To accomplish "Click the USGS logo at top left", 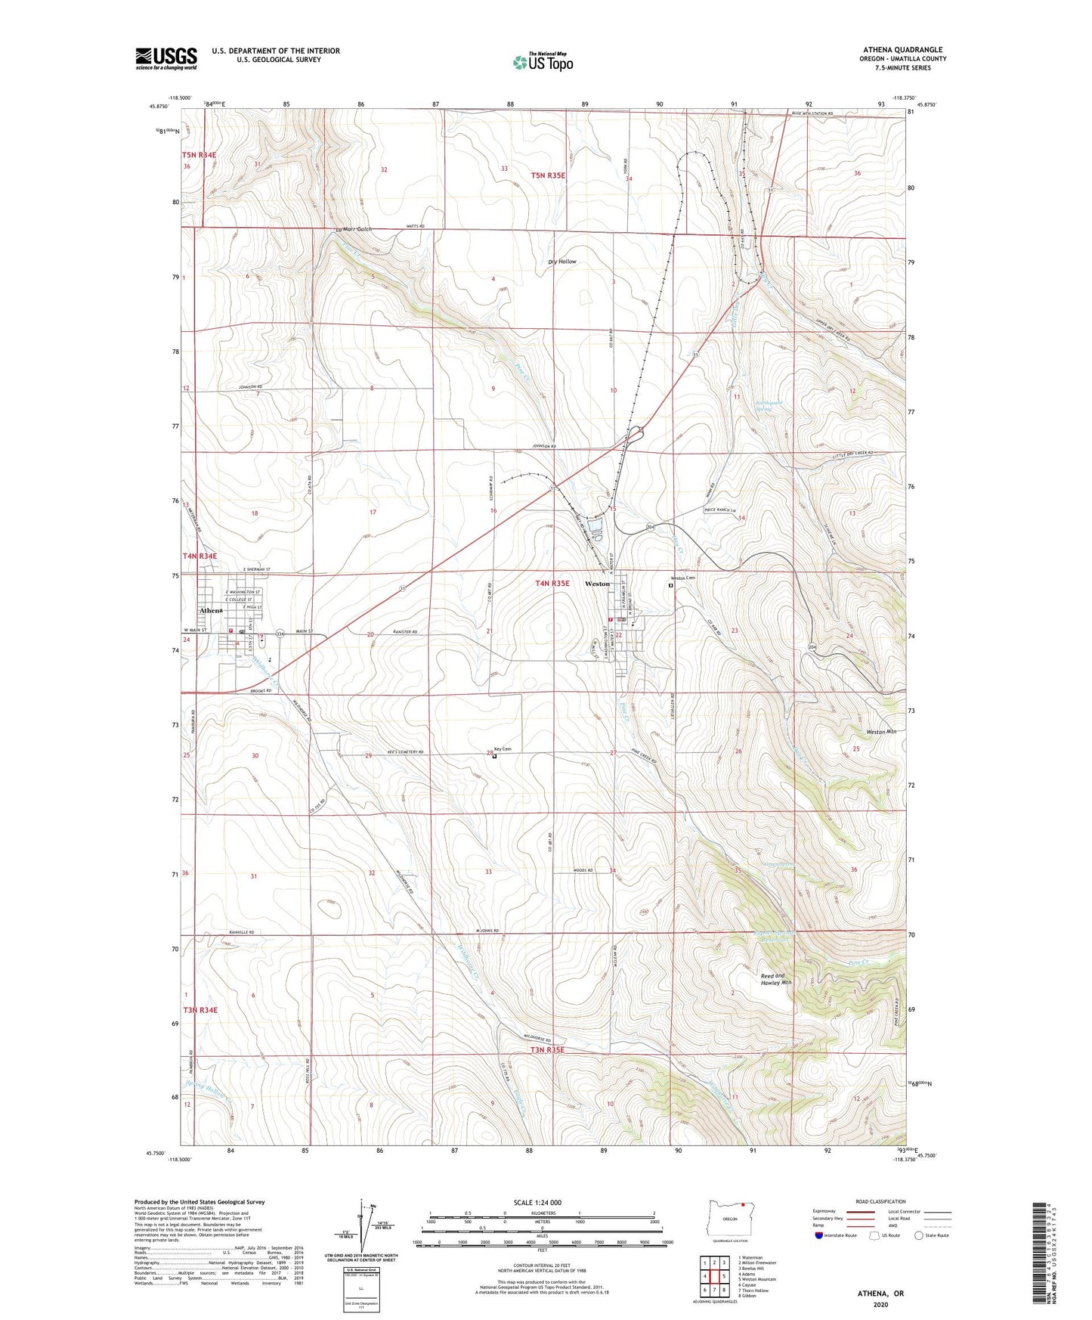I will click(x=166, y=57).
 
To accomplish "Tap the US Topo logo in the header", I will click(x=543, y=62).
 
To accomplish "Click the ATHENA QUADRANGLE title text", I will click(x=903, y=49).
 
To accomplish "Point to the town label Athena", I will click(x=211, y=610).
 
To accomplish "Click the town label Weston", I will click(x=597, y=584).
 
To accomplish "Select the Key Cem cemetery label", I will click(x=503, y=749).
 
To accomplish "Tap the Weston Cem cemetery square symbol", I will click(x=670, y=584).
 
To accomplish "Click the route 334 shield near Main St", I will click(x=280, y=633).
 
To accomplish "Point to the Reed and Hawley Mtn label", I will click(x=775, y=979).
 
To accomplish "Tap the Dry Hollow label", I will click(x=562, y=262).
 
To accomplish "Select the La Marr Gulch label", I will click(x=354, y=229).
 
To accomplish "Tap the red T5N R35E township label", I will click(x=548, y=175).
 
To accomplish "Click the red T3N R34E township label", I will click(x=200, y=1010).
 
